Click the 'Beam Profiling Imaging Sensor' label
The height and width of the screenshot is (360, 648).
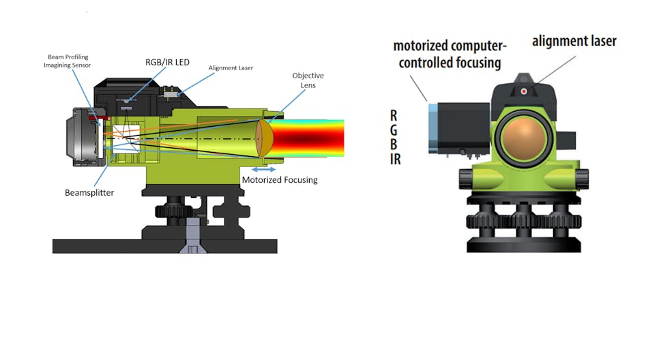click(x=68, y=61)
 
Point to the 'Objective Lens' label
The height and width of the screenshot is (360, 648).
click(x=308, y=80)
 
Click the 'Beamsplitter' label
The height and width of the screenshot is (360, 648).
click(x=89, y=193)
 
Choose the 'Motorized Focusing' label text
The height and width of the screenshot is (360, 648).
click(x=280, y=180)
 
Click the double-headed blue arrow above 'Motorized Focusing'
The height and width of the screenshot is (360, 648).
click(x=264, y=168)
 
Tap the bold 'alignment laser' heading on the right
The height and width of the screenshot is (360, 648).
click(x=574, y=41)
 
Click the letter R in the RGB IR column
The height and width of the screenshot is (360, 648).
click(x=394, y=116)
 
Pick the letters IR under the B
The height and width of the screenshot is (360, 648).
click(x=394, y=160)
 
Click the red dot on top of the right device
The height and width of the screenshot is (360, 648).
click(x=523, y=91)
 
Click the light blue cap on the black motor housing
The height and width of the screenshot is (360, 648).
click(x=432, y=127)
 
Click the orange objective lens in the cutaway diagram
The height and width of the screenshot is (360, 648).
click(x=265, y=137)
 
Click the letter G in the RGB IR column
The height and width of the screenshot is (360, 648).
click(x=394, y=130)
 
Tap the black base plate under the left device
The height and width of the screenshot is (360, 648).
click(x=164, y=245)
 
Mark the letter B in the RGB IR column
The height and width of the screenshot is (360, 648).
click(x=394, y=145)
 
